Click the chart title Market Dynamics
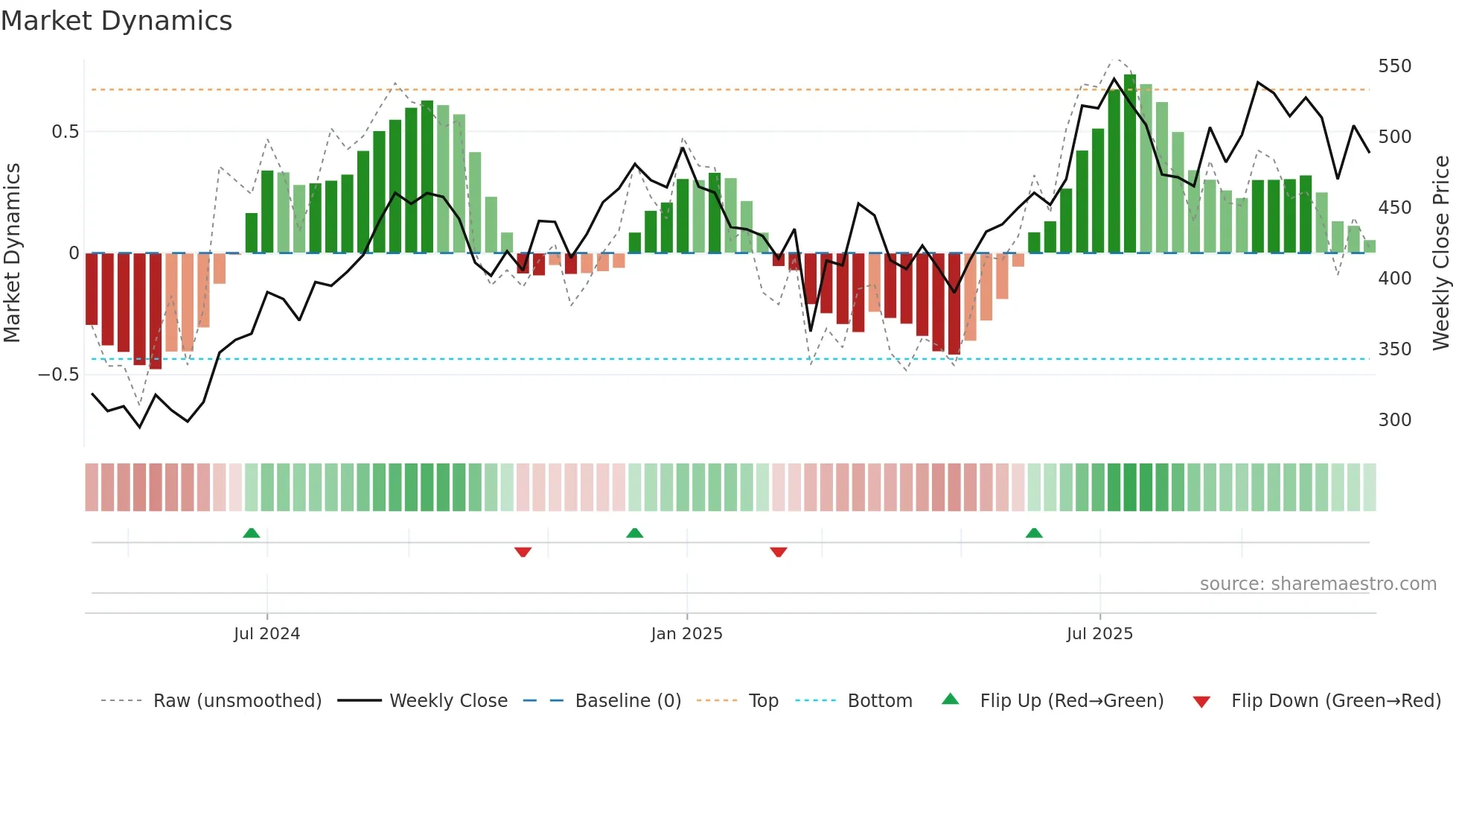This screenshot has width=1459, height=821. coord(116,21)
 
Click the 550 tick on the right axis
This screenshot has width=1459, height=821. coord(1394,66)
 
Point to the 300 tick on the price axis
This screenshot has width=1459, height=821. coord(1394,420)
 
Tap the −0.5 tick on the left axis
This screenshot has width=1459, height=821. coord(58,375)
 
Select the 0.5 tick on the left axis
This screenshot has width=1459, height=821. coord(65,132)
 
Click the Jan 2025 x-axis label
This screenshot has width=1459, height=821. coord(686,634)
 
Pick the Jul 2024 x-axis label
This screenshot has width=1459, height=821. coord(266,634)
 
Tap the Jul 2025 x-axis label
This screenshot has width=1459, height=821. coord(1099,634)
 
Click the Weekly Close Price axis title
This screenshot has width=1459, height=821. coord(1441,253)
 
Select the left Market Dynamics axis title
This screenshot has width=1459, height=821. coord(12,253)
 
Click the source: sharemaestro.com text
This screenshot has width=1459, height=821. coord(1318,584)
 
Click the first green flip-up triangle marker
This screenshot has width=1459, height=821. coord(252,533)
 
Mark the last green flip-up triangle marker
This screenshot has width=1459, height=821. coord(1034,533)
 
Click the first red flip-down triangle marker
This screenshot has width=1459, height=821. coord(523,551)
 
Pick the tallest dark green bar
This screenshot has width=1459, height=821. coord(1130,164)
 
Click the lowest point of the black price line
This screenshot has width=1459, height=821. coord(140,427)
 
